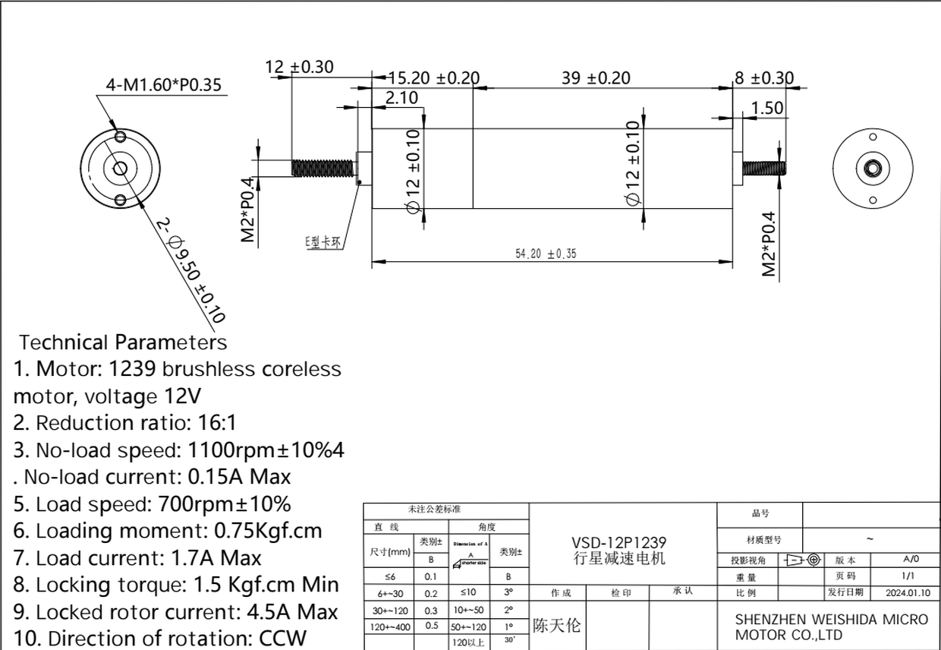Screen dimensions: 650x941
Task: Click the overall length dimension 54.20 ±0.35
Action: coord(546,254)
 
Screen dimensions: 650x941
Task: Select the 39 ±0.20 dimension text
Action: coord(596,78)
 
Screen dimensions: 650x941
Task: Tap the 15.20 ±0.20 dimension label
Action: coord(434,78)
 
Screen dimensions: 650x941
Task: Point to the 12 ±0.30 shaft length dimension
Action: coord(299,68)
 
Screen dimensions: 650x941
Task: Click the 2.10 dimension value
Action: coord(401,97)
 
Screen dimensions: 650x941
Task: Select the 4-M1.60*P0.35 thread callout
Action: coord(164,84)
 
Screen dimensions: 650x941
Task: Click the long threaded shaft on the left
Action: coord(323,168)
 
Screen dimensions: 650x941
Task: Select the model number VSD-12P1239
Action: coord(619,543)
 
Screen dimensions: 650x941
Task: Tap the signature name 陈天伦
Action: coord(556,626)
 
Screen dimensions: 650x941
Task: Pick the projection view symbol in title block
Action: coord(803,560)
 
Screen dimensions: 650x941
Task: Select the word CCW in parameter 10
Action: coord(283,638)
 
